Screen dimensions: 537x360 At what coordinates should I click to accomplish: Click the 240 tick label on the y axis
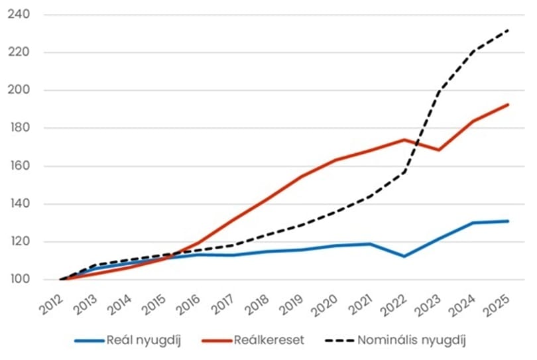[19, 15]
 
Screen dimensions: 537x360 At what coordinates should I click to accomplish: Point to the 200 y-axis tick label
[19, 90]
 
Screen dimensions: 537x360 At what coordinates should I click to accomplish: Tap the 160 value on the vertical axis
[19, 166]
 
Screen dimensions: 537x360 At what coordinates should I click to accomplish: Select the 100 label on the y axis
[19, 279]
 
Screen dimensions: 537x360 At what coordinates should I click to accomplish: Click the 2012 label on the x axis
[51, 304]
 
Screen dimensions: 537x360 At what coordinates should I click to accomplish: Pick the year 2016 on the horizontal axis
[188, 304]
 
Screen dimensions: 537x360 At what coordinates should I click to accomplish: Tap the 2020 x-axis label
[325, 305]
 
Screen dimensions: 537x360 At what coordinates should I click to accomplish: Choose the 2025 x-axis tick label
[497, 305]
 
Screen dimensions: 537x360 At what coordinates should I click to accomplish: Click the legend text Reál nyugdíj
[143, 341]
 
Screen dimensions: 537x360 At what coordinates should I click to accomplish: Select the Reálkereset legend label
[269, 340]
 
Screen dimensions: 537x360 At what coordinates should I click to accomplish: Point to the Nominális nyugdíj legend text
[412, 341]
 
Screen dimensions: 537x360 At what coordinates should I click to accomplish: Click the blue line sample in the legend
[89, 341]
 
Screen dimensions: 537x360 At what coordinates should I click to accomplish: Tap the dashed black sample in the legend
[339, 341]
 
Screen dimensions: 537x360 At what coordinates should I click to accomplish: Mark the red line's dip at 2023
[439, 150]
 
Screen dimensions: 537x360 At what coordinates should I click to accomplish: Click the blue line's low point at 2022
[404, 256]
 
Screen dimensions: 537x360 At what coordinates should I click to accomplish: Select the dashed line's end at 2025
[508, 30]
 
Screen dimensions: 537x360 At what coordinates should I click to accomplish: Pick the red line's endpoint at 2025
[508, 105]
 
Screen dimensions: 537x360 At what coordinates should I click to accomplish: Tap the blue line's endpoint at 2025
[508, 221]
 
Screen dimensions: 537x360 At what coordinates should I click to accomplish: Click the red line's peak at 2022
[404, 139]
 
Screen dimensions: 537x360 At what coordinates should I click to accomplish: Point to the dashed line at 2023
[439, 91]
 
